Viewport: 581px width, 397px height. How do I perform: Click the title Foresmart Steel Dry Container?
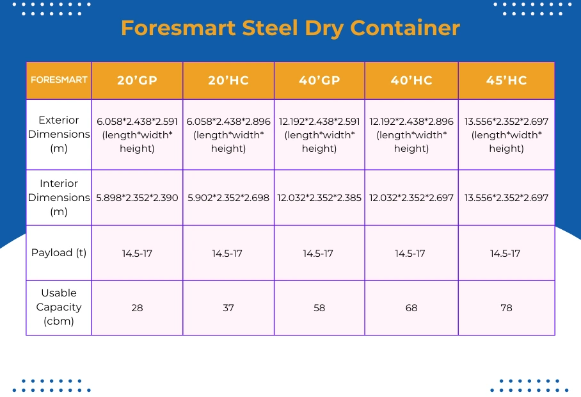click(x=290, y=28)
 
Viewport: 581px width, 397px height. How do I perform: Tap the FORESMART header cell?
click(x=59, y=81)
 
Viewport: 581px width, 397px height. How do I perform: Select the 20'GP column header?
click(x=137, y=81)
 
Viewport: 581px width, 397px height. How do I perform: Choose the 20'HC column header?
click(x=228, y=81)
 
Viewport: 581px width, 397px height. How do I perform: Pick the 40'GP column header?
click(x=319, y=81)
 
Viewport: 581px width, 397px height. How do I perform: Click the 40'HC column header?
click(x=411, y=81)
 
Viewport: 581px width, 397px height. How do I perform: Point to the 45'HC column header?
click(x=506, y=81)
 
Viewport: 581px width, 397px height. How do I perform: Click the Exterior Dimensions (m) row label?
click(x=59, y=134)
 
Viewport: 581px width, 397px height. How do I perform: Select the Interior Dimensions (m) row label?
click(x=59, y=197)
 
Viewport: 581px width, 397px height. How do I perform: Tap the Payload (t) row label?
click(x=59, y=252)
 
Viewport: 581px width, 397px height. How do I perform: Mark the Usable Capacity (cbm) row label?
click(x=59, y=307)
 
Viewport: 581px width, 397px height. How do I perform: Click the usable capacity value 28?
click(x=137, y=308)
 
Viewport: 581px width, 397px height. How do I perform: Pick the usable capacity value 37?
click(x=228, y=308)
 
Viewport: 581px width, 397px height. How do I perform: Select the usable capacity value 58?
click(x=319, y=308)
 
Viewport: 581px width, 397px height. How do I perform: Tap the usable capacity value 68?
click(x=411, y=308)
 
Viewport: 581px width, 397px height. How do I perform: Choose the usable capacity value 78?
click(x=506, y=308)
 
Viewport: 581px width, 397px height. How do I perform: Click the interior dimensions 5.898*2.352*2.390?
click(x=137, y=198)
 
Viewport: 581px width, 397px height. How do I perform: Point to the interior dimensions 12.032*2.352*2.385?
click(x=319, y=198)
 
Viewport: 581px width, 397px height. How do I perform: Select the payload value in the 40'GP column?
click(x=319, y=254)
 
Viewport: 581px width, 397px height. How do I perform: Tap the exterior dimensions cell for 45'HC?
click(x=506, y=134)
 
